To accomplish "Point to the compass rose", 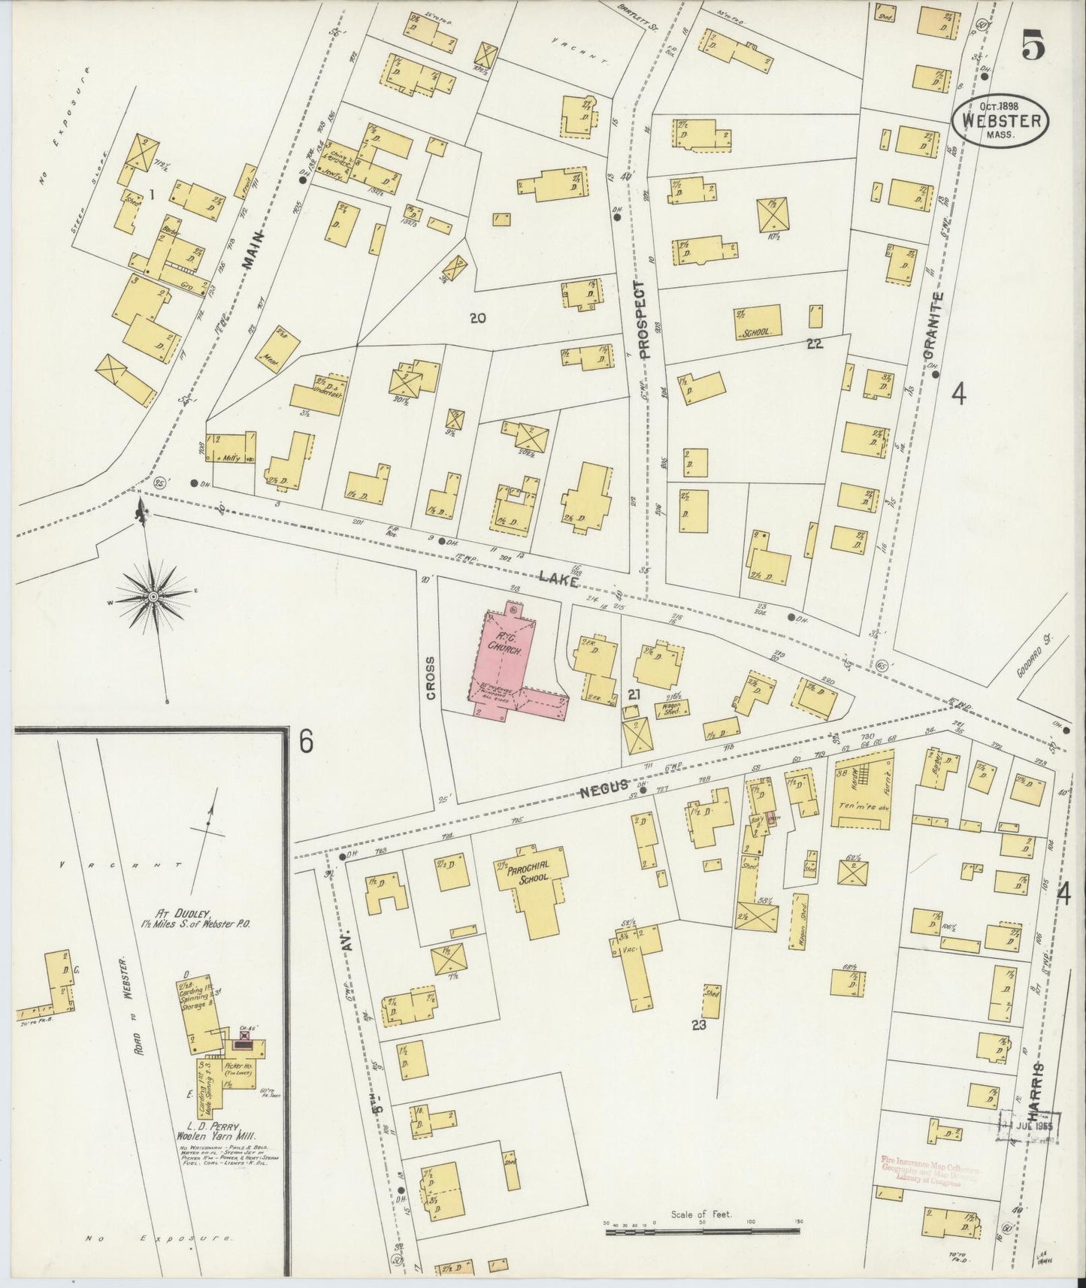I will click(153, 596).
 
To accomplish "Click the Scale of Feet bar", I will click(702, 1230).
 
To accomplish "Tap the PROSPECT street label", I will click(641, 320).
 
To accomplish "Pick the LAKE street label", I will click(557, 578).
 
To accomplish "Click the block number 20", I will click(477, 318).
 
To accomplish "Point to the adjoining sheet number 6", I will click(305, 741).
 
